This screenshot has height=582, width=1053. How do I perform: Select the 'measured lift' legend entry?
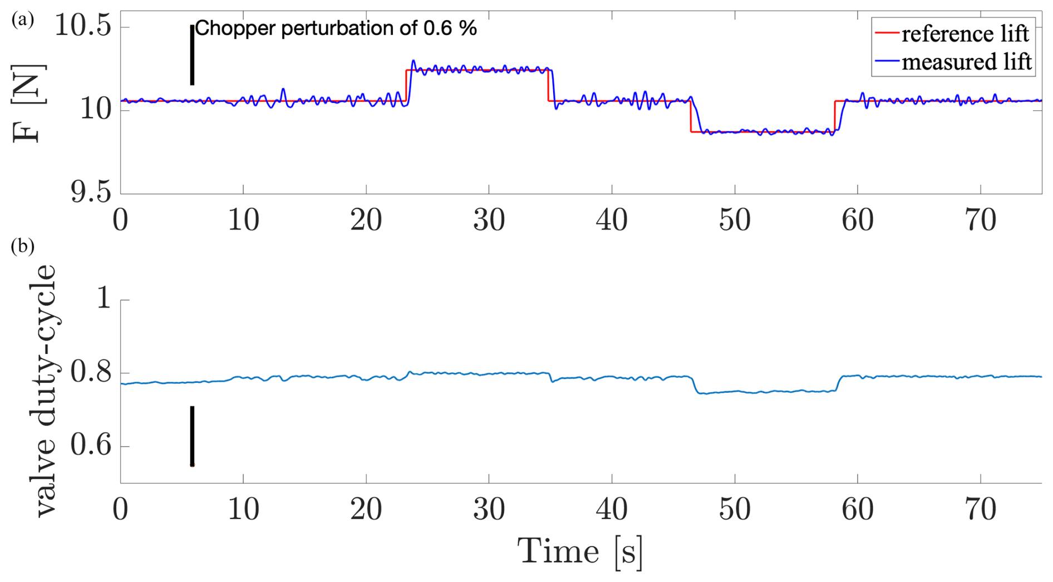966,62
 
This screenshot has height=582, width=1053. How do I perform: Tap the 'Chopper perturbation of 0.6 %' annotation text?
336,28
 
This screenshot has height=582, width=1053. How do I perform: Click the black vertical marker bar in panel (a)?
192,55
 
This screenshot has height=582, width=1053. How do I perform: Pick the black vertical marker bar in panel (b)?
192,436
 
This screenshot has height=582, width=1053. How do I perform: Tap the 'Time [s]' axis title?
580,552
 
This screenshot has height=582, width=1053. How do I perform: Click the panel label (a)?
22,20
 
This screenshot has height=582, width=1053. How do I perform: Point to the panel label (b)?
22,246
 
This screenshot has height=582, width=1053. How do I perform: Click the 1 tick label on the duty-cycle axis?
104,299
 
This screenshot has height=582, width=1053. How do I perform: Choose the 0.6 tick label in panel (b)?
92,446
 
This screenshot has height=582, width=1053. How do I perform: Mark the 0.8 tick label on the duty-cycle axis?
92,373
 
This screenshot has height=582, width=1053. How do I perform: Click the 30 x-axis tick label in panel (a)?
489,220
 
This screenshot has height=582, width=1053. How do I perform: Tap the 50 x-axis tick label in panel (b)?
734,510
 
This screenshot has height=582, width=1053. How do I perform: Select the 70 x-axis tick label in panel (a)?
980,220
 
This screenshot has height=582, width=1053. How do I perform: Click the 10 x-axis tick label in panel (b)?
243,510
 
